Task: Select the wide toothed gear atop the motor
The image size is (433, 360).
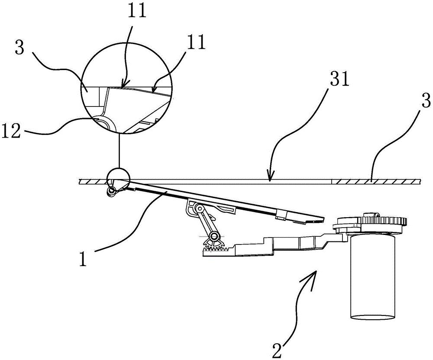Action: tap(384, 221)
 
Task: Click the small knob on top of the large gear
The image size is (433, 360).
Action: tap(371, 214)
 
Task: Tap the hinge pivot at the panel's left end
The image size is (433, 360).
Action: tap(112, 189)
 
